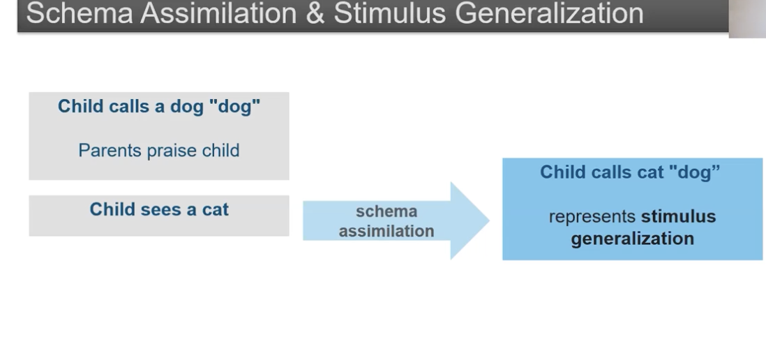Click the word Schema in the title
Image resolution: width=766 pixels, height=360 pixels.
[80, 13]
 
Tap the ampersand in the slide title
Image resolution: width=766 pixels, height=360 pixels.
[315, 13]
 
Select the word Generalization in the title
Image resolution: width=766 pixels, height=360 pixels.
[549, 13]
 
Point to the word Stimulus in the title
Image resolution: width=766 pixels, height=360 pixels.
[390, 13]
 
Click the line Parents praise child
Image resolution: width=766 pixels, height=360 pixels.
[159, 151]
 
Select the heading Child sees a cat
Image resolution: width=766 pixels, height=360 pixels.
[159, 209]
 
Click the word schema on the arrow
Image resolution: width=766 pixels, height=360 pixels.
[386, 211]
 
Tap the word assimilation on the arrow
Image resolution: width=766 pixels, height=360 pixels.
[386, 231]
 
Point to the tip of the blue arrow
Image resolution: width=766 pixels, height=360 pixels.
[490, 220]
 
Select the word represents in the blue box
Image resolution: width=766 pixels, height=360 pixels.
[592, 216]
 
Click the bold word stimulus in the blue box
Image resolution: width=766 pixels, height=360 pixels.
[679, 216]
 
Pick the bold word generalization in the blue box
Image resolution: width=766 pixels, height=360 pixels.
[633, 239]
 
